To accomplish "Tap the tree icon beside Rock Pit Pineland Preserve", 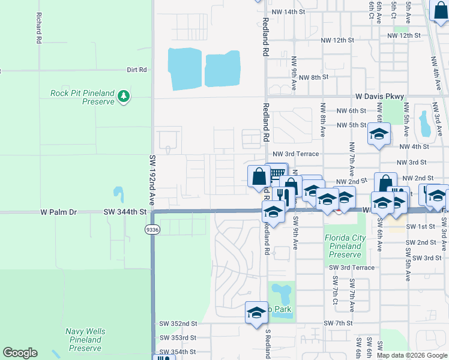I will coord(124,96).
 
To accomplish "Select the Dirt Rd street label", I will coord(137,70).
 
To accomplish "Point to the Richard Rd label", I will coord(38,28).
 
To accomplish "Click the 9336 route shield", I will coord(152,229).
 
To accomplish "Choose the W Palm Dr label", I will coord(59,212).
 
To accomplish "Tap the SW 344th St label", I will coord(125,212).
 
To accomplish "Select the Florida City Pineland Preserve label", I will coord(345,242).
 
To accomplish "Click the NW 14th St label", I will coord(288,12).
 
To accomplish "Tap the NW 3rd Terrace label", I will coord(296,154).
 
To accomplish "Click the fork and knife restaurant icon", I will coord(281,194).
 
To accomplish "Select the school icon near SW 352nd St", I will coord(256,312).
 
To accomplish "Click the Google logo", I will coord(20,353).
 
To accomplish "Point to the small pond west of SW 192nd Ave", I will coord(118,194).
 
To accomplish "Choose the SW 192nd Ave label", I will coord(152,180).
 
